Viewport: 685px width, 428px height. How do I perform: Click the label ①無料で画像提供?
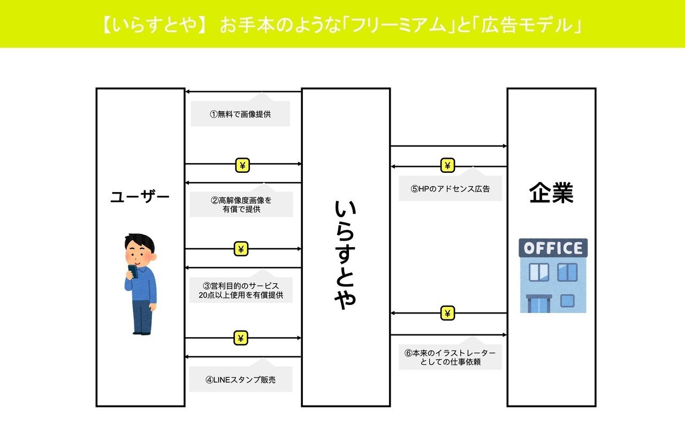240,114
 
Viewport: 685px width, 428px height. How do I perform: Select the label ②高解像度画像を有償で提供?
241,205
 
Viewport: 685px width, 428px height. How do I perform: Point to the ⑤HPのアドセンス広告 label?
450,189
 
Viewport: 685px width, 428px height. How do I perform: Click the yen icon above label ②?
242,166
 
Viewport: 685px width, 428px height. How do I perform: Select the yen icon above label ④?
241,338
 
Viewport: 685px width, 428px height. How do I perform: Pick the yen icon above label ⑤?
447,166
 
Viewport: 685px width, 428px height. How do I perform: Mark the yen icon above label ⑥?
447,313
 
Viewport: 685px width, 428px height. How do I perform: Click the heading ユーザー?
140,197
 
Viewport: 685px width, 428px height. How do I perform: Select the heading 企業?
551,194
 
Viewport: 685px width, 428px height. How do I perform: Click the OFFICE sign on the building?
553,248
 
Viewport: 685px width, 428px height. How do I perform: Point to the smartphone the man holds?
133,271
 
